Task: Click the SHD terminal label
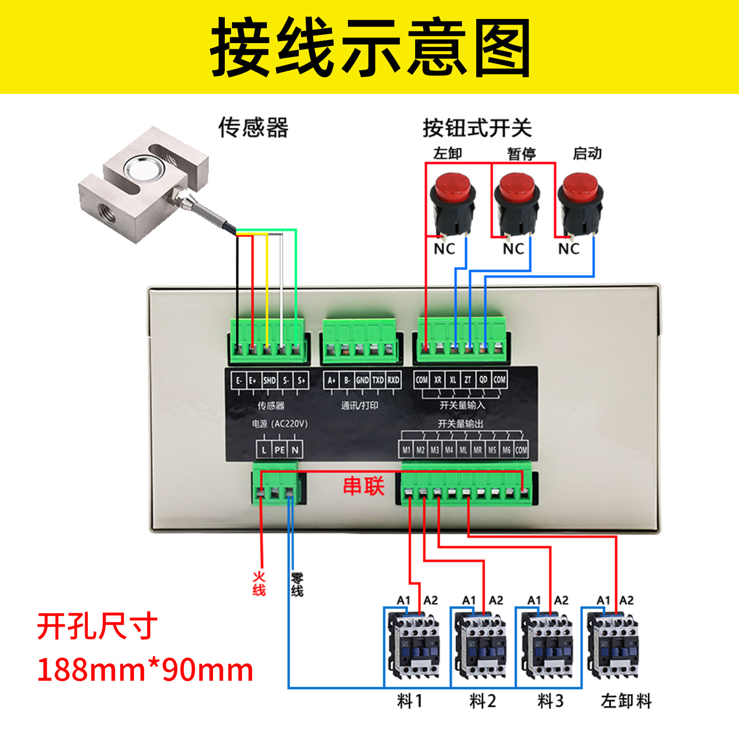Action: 269,381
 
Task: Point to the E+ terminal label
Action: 252,381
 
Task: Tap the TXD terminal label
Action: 378,380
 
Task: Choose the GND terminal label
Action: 362,380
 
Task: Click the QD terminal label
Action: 483,380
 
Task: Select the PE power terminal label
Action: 279,450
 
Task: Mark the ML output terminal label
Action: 463,450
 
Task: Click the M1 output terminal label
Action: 406,450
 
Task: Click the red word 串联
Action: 363,485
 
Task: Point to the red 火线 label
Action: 259,584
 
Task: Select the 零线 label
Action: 297,585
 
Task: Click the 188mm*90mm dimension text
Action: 145,670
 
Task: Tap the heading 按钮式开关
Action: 477,128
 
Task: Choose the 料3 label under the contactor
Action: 550,701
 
